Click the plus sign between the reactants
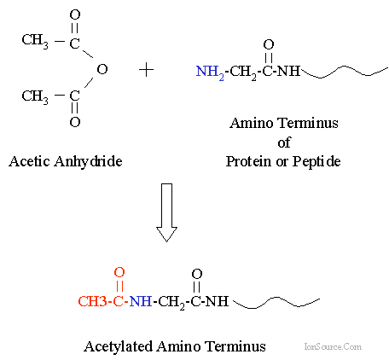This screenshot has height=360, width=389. click(147, 70)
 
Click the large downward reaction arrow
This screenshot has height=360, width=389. click(167, 212)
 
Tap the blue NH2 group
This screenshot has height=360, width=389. click(210, 73)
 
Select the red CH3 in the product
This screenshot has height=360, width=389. click(93, 301)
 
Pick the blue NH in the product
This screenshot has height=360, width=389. click(141, 301)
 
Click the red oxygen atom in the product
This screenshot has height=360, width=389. click(119, 272)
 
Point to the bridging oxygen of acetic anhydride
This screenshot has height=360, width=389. click(102, 69)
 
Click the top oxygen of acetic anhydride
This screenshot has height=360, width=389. click(75, 15)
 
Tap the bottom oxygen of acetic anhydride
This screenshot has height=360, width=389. click(75, 122)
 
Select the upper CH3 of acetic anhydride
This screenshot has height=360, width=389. click(35, 40)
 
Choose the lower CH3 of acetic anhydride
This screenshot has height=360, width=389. click(35, 96)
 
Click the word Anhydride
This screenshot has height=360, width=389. click(89, 162)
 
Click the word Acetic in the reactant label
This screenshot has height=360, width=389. click(30, 162)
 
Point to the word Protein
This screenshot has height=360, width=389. click(248, 162)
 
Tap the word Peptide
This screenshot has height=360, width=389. click(316, 162)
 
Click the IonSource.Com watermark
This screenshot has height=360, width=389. click(333, 346)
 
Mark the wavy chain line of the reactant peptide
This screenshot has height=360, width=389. click(345, 72)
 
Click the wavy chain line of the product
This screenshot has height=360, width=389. click(276, 303)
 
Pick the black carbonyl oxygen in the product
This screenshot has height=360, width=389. click(197, 274)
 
